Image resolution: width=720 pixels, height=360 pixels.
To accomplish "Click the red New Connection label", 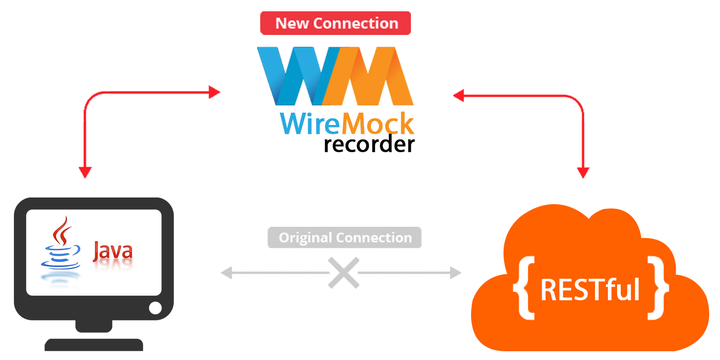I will [x=335, y=24].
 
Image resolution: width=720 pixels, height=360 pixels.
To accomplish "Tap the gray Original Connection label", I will [x=345, y=238].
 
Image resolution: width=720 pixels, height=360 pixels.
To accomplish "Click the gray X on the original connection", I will [x=343, y=273].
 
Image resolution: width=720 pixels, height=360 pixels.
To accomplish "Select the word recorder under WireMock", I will [x=369, y=144].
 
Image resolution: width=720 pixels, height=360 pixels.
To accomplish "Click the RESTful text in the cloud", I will [x=590, y=291].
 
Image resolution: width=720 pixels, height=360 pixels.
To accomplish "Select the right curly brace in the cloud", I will [x=658, y=288].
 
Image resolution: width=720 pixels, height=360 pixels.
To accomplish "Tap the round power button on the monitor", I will [x=155, y=308].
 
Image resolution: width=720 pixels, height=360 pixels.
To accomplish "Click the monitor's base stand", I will [x=94, y=344].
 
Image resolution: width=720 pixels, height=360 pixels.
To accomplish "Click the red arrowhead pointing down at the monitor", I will [x=84, y=172].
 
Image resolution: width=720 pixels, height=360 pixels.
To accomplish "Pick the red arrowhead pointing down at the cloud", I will [x=583, y=172].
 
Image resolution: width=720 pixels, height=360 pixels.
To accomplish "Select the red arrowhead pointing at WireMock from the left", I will [x=214, y=93].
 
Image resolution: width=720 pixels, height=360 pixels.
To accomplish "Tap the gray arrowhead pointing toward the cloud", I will [x=455, y=273].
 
